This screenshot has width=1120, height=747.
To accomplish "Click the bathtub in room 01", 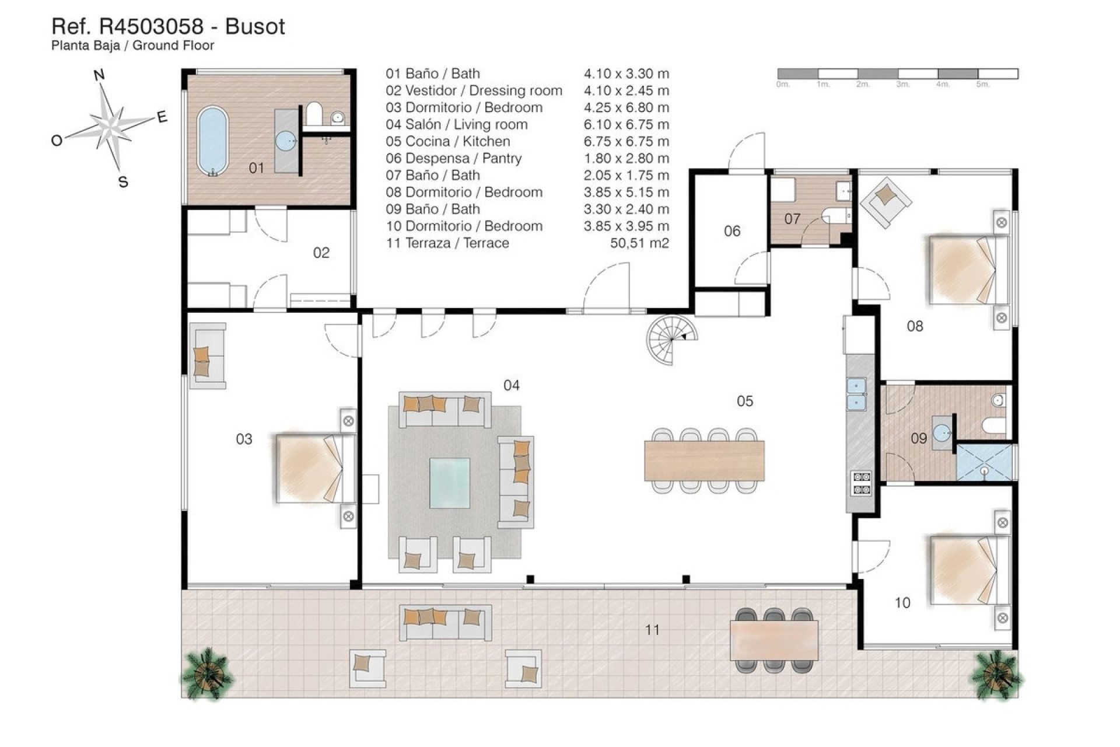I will coord(212,141).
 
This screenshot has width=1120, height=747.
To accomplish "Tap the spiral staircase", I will coord(671,339).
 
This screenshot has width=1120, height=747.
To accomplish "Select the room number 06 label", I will coord(732,231).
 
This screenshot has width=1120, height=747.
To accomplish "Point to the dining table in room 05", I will coord(703,460).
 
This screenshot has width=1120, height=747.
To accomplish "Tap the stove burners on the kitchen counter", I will coord(862,483).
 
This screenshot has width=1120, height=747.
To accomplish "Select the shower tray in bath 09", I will coord(984,462).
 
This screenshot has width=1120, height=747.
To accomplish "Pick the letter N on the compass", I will coord(99,75).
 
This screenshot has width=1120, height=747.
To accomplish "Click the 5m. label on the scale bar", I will coord(982,85).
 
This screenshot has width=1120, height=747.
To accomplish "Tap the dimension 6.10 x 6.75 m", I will coord(626,124).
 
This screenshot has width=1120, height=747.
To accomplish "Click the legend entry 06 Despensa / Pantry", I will coord(453,158).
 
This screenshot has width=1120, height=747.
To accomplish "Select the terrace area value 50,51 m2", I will coord(639,243).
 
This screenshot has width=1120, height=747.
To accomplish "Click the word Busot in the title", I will coord(255,26).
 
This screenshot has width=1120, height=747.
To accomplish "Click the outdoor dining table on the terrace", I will coord(773,641).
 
